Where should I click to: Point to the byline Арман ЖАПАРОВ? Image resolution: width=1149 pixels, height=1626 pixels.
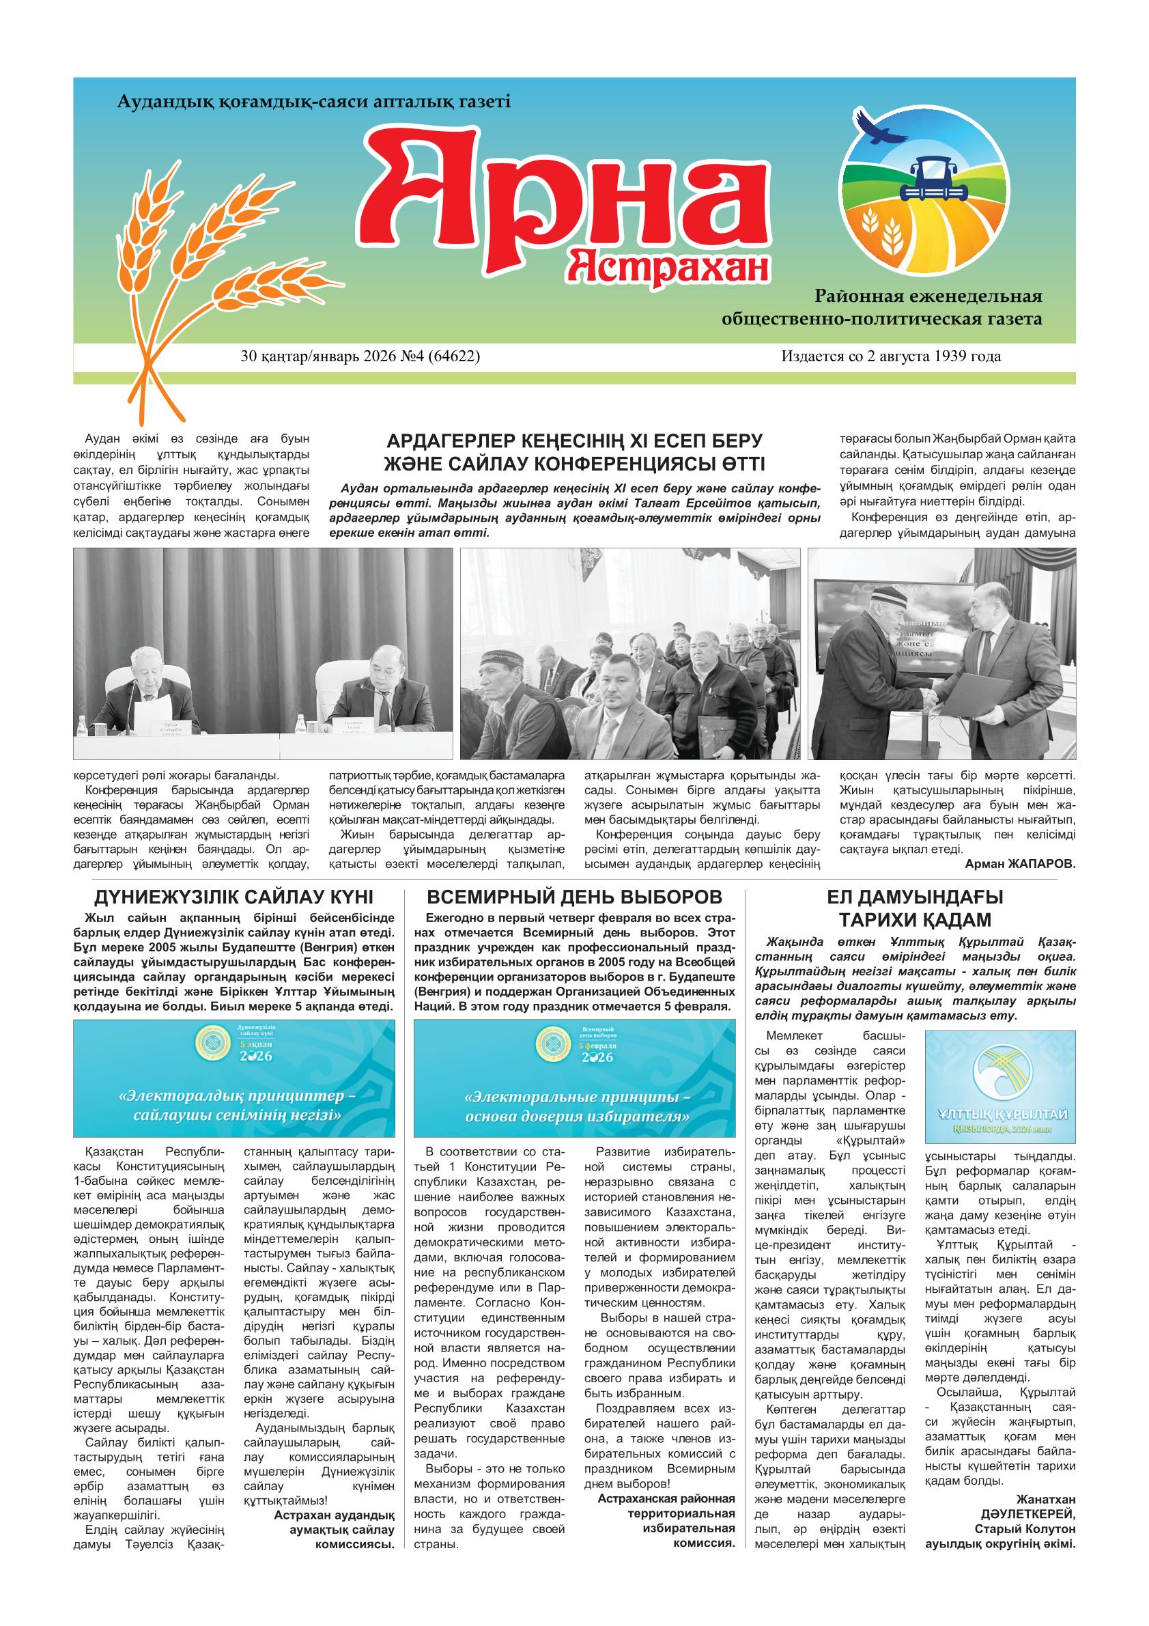click(x=1019, y=864)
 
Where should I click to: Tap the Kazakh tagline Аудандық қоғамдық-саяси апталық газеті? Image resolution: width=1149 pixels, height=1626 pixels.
click(x=313, y=102)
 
